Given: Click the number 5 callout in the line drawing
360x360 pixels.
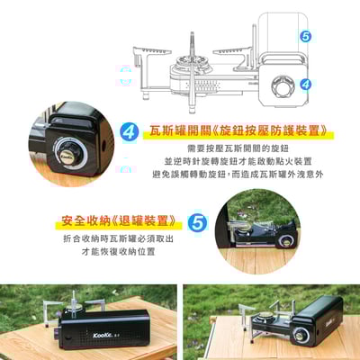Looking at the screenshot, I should pyautogui.click(x=306, y=38).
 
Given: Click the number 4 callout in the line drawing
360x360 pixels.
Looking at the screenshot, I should pyautogui.click(x=306, y=85).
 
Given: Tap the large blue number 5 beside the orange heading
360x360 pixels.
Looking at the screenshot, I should pyautogui.click(x=197, y=220).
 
